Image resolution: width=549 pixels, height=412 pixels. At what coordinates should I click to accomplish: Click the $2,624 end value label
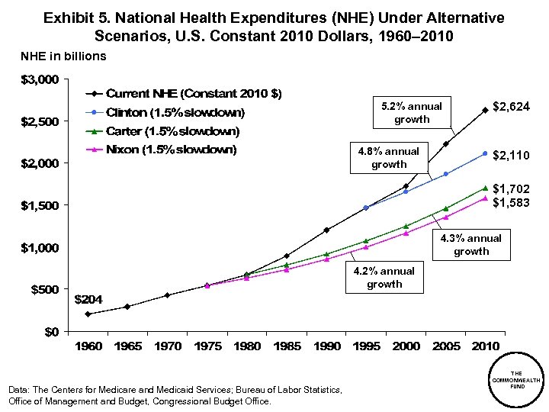pyautogui.click(x=511, y=108)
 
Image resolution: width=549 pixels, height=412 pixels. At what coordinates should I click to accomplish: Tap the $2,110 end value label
pyautogui.click(x=511, y=156)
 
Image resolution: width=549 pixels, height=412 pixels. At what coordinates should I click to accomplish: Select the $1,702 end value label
pyautogui.click(x=511, y=188)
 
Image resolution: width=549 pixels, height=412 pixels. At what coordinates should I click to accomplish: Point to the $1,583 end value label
pyautogui.click(x=511, y=202)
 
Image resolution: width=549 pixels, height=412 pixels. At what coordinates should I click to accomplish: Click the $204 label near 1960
pyautogui.click(x=86, y=298)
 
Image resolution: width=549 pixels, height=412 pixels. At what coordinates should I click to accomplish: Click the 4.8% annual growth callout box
pyautogui.click(x=389, y=157)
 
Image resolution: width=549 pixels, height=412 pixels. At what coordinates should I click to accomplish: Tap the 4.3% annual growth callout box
pyautogui.click(x=471, y=244)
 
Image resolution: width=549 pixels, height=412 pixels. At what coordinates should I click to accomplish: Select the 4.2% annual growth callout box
pyautogui.click(x=384, y=277)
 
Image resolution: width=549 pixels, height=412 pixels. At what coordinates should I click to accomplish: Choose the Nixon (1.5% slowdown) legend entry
pyautogui.click(x=171, y=150)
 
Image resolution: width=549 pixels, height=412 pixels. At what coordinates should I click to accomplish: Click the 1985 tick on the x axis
pyautogui.click(x=286, y=346)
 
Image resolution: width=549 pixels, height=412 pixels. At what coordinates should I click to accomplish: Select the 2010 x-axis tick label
pyautogui.click(x=486, y=346)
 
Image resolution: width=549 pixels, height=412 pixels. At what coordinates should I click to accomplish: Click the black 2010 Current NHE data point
pyautogui.click(x=485, y=110)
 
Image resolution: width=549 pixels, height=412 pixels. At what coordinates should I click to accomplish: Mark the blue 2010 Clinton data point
pyautogui.click(x=485, y=153)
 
